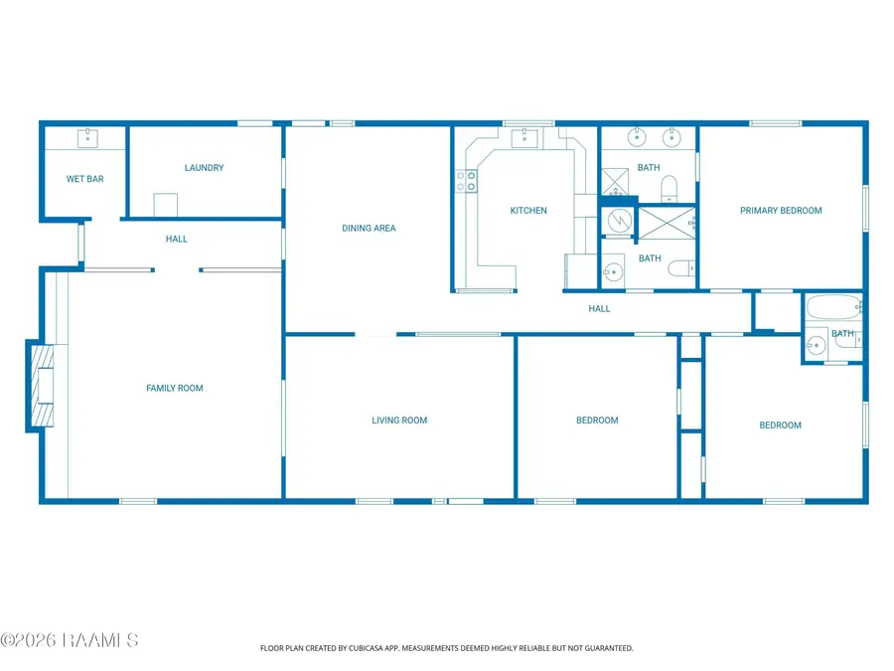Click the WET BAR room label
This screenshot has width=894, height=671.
click(85, 179)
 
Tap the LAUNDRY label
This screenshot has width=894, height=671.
click(204, 168)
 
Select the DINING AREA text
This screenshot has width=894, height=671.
click(369, 229)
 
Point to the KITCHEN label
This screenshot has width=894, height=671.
click(528, 211)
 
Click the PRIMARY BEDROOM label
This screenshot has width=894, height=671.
click(781, 211)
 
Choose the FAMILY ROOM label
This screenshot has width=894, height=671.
click(175, 388)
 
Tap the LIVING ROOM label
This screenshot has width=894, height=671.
click(399, 420)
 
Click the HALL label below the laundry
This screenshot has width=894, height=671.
click(176, 239)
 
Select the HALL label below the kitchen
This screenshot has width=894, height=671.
click(599, 309)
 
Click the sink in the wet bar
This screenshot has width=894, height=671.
click(87, 138)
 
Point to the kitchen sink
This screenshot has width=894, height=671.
click(524, 137)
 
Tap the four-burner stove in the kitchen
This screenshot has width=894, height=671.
click(466, 181)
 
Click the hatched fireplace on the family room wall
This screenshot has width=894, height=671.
click(42, 386)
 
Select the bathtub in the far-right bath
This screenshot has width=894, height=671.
click(834, 307)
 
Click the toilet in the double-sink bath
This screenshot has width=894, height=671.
click(669, 189)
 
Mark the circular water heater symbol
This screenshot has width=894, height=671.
click(619, 221)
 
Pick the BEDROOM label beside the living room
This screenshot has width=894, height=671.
click(597, 420)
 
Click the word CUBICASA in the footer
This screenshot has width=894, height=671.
click(366, 648)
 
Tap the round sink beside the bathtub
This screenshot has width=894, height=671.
click(816, 345)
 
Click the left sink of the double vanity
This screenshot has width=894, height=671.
click(637, 137)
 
